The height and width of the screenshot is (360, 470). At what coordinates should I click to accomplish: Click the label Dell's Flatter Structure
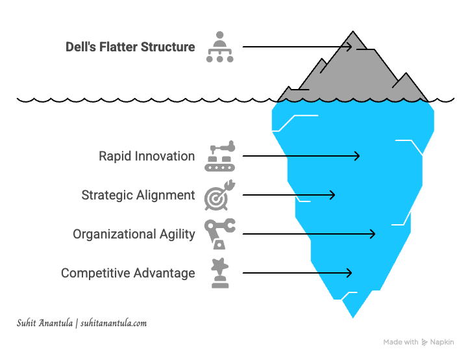pyautogui.click(x=130, y=47)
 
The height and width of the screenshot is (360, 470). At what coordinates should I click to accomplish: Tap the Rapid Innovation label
pyautogui.click(x=147, y=156)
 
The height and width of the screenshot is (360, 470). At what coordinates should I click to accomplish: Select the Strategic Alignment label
pyautogui.click(x=138, y=195)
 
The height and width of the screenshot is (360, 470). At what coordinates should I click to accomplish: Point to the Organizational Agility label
pyautogui.click(x=134, y=234)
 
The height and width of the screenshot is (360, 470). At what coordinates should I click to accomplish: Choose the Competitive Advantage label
pyautogui.click(x=128, y=273)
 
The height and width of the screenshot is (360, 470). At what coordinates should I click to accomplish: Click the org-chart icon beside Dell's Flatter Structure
pyautogui.click(x=219, y=47)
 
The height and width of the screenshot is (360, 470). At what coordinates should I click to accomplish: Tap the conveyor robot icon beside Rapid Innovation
pyautogui.click(x=219, y=156)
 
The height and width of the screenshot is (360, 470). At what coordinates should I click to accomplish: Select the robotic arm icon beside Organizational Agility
pyautogui.click(x=219, y=234)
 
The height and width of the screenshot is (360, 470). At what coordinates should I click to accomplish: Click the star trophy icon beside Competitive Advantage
pyautogui.click(x=219, y=273)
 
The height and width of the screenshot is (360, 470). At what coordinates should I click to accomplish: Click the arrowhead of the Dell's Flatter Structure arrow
pyautogui.click(x=350, y=47)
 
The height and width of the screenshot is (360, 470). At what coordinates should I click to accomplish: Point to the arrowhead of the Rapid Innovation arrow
pyautogui.click(x=357, y=156)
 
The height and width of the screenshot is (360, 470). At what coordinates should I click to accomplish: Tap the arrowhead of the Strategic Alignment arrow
pyautogui.click(x=333, y=195)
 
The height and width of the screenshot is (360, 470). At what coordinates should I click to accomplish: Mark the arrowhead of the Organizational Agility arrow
pyautogui.click(x=373, y=234)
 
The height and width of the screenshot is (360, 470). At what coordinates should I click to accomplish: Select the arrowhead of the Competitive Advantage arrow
pyautogui.click(x=350, y=273)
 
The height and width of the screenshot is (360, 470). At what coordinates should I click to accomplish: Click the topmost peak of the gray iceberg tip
pyautogui.click(x=353, y=32)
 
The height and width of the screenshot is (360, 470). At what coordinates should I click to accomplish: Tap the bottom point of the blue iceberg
pyautogui.click(x=353, y=316)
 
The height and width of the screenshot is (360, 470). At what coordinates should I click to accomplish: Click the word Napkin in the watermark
pyautogui.click(x=443, y=342)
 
